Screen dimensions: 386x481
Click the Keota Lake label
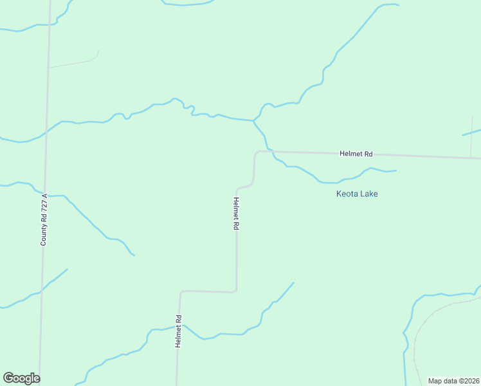click(357, 194)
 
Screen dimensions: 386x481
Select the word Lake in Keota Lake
click(368, 194)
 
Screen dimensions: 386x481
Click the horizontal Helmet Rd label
click(356, 154)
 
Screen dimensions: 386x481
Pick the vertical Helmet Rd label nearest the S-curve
click(236, 214)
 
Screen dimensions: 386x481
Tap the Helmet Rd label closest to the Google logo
click(179, 331)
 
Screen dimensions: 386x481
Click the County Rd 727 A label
click(44, 219)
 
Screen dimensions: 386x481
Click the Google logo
click(21, 378)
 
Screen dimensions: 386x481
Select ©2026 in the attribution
click(466, 381)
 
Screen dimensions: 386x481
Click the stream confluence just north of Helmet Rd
click(254, 120)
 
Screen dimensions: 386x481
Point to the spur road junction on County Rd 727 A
click(48, 67)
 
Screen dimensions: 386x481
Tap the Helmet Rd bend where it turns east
click(257, 153)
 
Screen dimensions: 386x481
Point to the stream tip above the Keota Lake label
click(395, 170)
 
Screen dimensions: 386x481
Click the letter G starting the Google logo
click(8, 378)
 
